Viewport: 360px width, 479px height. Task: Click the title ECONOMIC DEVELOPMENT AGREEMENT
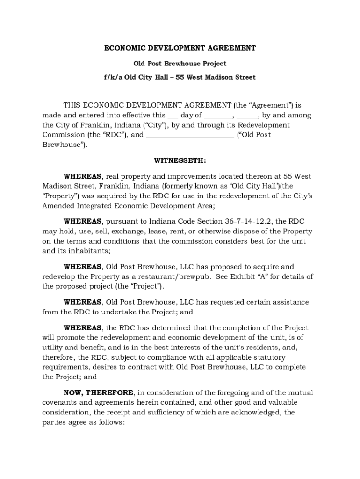180,48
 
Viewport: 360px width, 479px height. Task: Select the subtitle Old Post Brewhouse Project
180,63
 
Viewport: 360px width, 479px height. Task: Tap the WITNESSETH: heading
180,160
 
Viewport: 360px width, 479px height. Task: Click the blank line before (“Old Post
190,136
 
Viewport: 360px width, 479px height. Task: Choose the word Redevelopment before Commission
264,125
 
